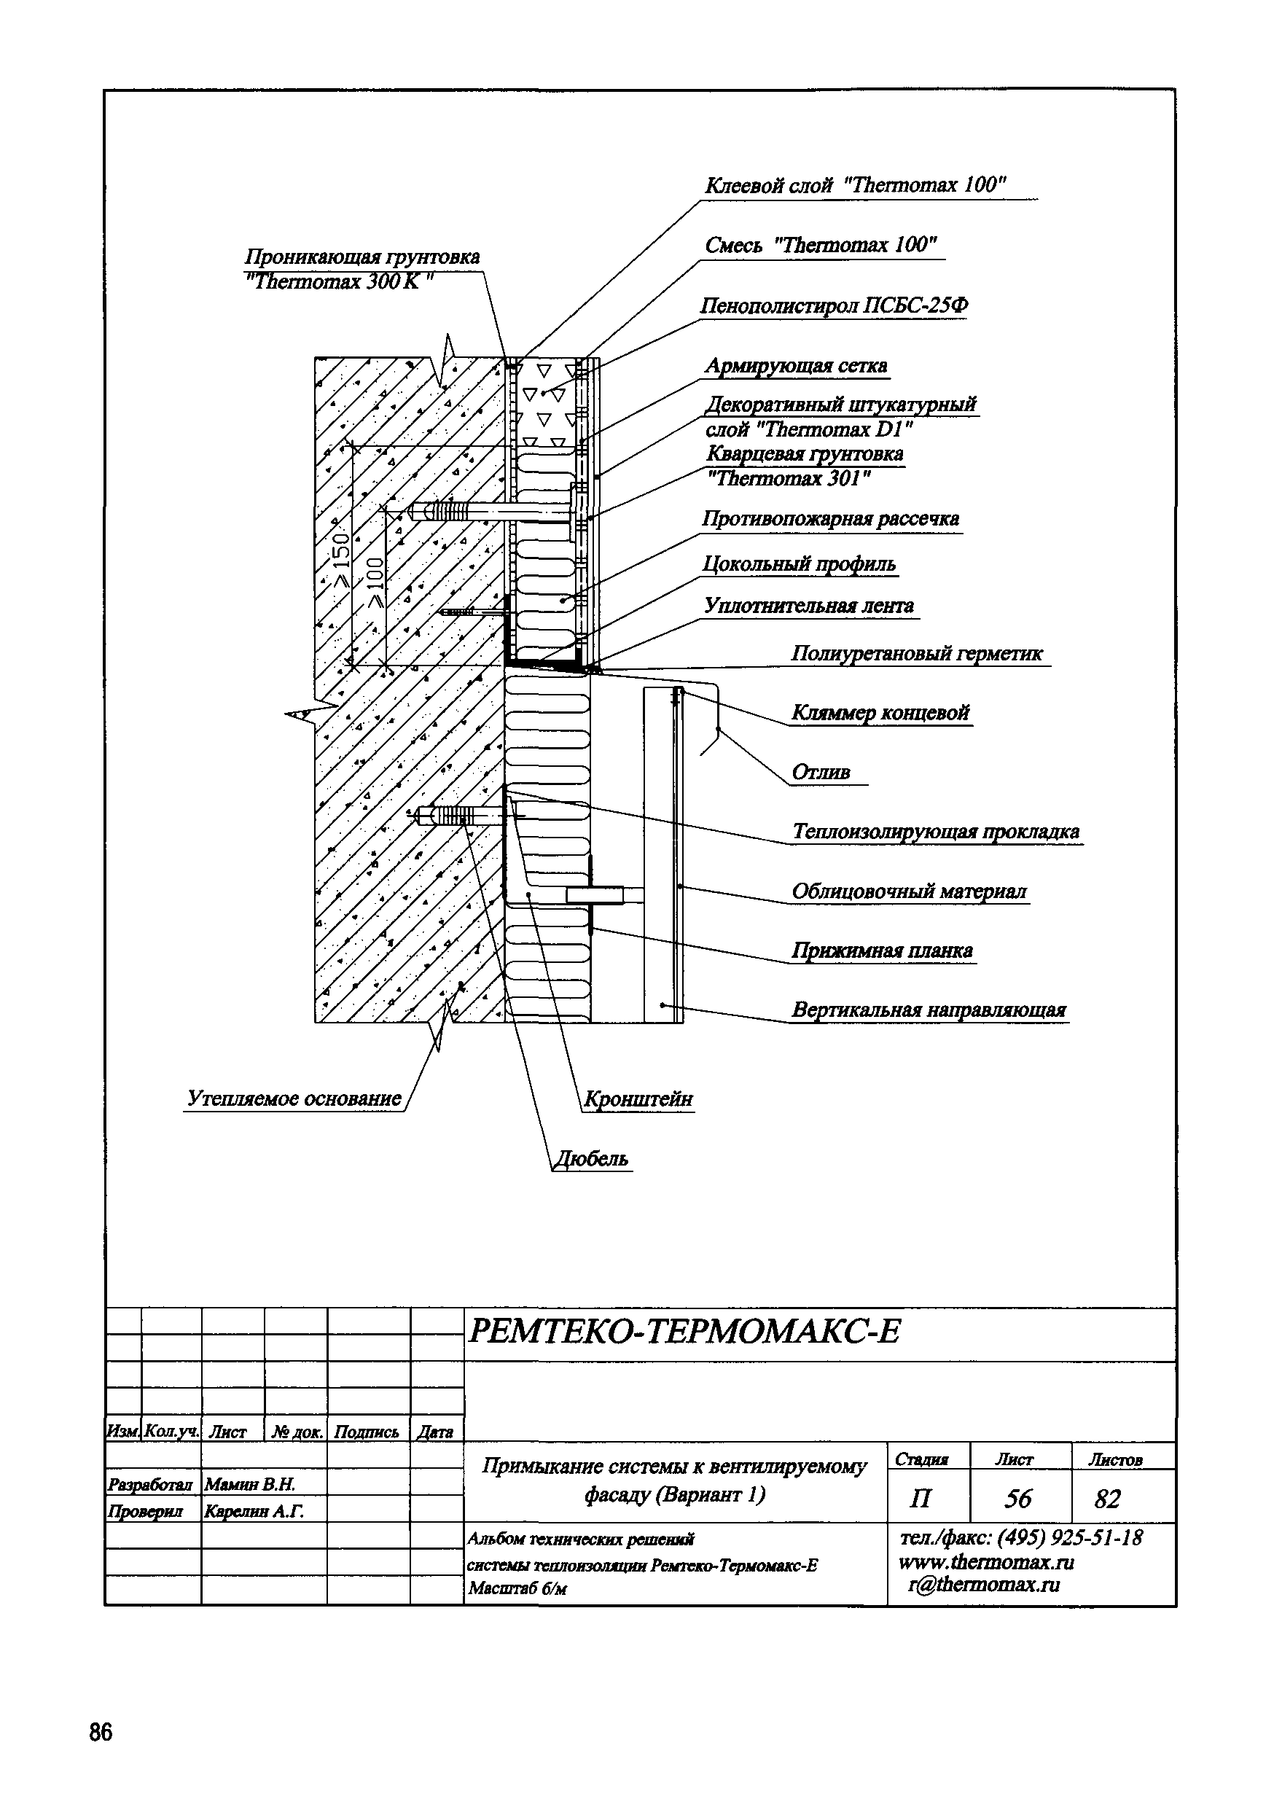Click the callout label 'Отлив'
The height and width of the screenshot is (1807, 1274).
pos(821,773)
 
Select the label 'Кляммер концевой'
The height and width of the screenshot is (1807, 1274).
pos(880,713)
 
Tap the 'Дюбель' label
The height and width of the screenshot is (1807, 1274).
pos(592,1158)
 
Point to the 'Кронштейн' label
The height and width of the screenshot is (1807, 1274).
pos(638,1098)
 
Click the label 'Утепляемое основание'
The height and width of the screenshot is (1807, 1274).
pos(294,1098)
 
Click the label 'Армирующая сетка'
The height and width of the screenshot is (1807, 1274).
pos(796,366)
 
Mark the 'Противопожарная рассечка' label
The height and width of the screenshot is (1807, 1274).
pos(831,520)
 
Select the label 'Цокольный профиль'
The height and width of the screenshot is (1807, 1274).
pos(799,564)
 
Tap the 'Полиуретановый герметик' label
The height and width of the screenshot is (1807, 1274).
pos(917,653)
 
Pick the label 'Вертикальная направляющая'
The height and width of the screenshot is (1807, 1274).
pos(929,1010)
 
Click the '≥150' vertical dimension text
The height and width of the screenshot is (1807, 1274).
pos(342,561)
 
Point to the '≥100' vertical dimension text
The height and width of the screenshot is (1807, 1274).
pos(375,582)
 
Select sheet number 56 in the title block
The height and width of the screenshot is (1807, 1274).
pos(1018,1498)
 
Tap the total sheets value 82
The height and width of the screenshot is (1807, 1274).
pos(1106,1499)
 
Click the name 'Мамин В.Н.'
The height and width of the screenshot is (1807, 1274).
pos(249,1484)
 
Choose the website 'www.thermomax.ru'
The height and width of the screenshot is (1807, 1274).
pos(986,1561)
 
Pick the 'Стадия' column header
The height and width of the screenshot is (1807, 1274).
pos(921,1460)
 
